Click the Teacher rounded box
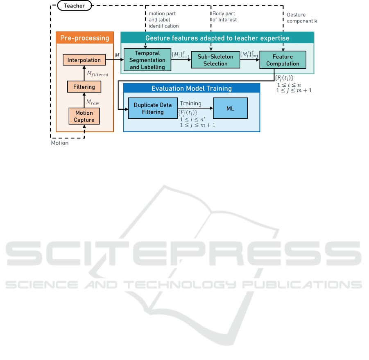[x=75, y=6]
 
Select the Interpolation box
[x=84, y=60]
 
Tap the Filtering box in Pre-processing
[x=84, y=86]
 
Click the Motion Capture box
[x=84, y=116]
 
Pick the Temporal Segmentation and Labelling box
[x=147, y=60]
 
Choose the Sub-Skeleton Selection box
[x=215, y=60]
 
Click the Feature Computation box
[x=283, y=60]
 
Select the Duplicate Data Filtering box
[x=153, y=108]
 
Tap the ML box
[x=230, y=108]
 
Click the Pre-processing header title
[x=85, y=38]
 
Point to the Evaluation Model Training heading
[x=192, y=88]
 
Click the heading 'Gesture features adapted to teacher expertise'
[x=217, y=38]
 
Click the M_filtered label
[x=97, y=74]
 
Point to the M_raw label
[x=93, y=102]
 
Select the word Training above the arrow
[x=190, y=103]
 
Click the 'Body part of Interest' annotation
[x=224, y=17]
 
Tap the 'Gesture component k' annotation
[x=302, y=18]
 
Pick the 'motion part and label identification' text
[x=163, y=20]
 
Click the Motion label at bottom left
[x=60, y=143]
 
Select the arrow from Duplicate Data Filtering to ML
[x=195, y=108]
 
